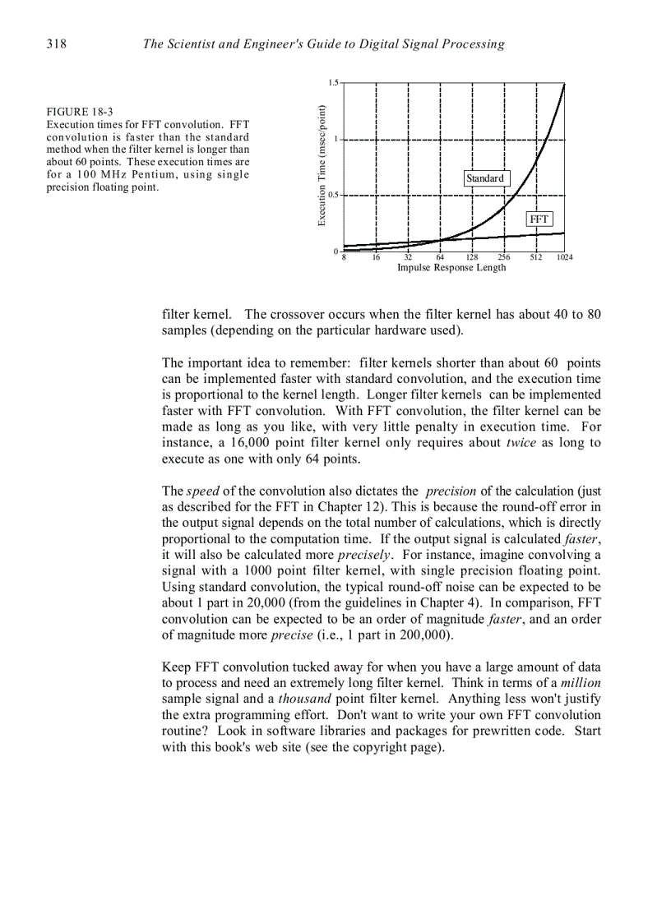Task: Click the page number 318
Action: click(x=56, y=44)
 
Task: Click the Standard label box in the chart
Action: click(x=484, y=178)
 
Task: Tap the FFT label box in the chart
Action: click(x=539, y=219)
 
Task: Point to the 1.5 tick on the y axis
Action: click(x=333, y=83)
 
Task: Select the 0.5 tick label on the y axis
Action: click(x=333, y=196)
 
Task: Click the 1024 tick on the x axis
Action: click(x=564, y=257)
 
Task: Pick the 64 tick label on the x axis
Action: click(x=440, y=257)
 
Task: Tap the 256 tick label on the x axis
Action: click(x=503, y=257)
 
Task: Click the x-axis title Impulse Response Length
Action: click(x=451, y=268)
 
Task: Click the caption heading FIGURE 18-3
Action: click(x=80, y=112)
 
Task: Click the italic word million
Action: click(x=581, y=684)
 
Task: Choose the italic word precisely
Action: click(x=363, y=555)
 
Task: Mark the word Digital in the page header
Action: click(x=379, y=44)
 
